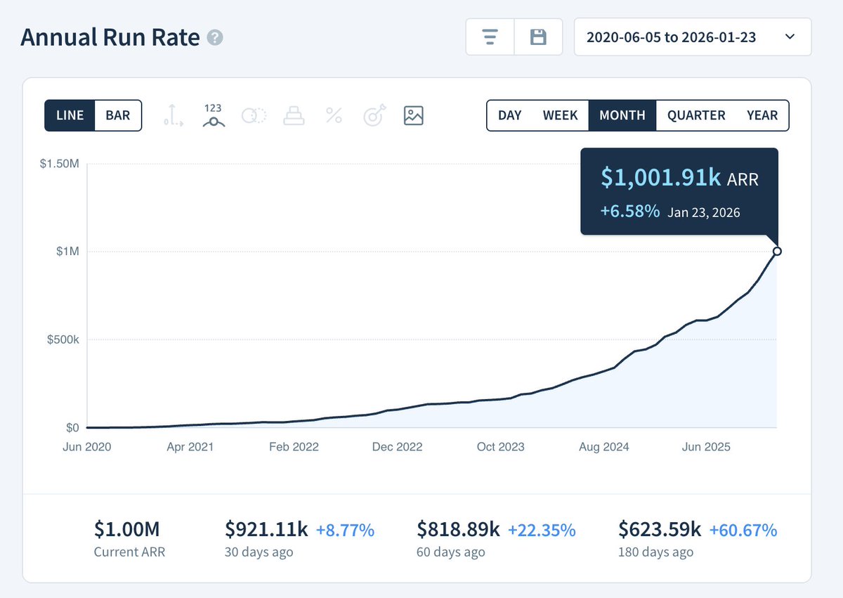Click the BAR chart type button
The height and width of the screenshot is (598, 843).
[117, 115]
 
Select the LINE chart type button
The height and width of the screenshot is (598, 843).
[70, 115]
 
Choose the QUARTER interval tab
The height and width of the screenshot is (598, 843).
[695, 115]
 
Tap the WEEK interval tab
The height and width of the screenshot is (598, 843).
[560, 115]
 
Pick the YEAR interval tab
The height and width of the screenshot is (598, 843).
[762, 115]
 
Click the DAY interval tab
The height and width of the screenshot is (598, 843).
[509, 115]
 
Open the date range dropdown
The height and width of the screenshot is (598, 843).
[692, 37]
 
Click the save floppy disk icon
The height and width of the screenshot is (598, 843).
[538, 37]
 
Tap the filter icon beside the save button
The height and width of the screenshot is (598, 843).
[490, 37]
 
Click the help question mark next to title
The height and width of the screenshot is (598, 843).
[215, 38]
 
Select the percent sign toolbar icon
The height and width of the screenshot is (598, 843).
[334, 115]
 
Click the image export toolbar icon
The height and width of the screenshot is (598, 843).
[413, 115]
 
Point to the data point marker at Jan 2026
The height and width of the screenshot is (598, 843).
[777, 252]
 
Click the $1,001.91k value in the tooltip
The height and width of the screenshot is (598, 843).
[660, 178]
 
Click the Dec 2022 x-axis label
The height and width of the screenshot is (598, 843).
[397, 447]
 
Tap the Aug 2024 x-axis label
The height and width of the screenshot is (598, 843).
[604, 447]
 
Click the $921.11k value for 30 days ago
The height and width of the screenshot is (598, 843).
[266, 529]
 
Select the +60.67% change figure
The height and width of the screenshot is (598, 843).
[743, 530]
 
